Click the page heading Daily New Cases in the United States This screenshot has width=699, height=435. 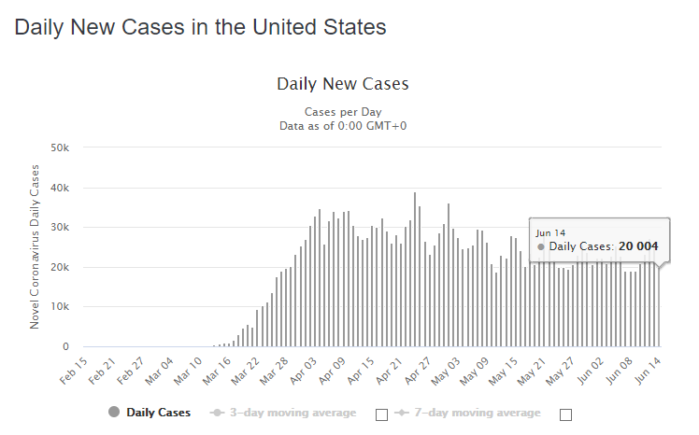200,27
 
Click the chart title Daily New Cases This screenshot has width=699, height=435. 343,84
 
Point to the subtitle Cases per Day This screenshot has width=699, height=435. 343,112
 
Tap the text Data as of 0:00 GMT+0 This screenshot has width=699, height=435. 343,126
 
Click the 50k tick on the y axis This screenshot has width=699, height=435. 61,147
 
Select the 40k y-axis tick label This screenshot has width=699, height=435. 61,188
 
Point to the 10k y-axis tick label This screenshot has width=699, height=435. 61,307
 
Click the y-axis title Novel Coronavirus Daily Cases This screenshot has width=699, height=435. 35,246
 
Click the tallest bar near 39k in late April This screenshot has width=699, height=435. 415,271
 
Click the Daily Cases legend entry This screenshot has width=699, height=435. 150,413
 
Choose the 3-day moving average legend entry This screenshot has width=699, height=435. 284,413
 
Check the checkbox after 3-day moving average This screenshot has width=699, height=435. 380,414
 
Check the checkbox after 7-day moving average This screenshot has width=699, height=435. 564,414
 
